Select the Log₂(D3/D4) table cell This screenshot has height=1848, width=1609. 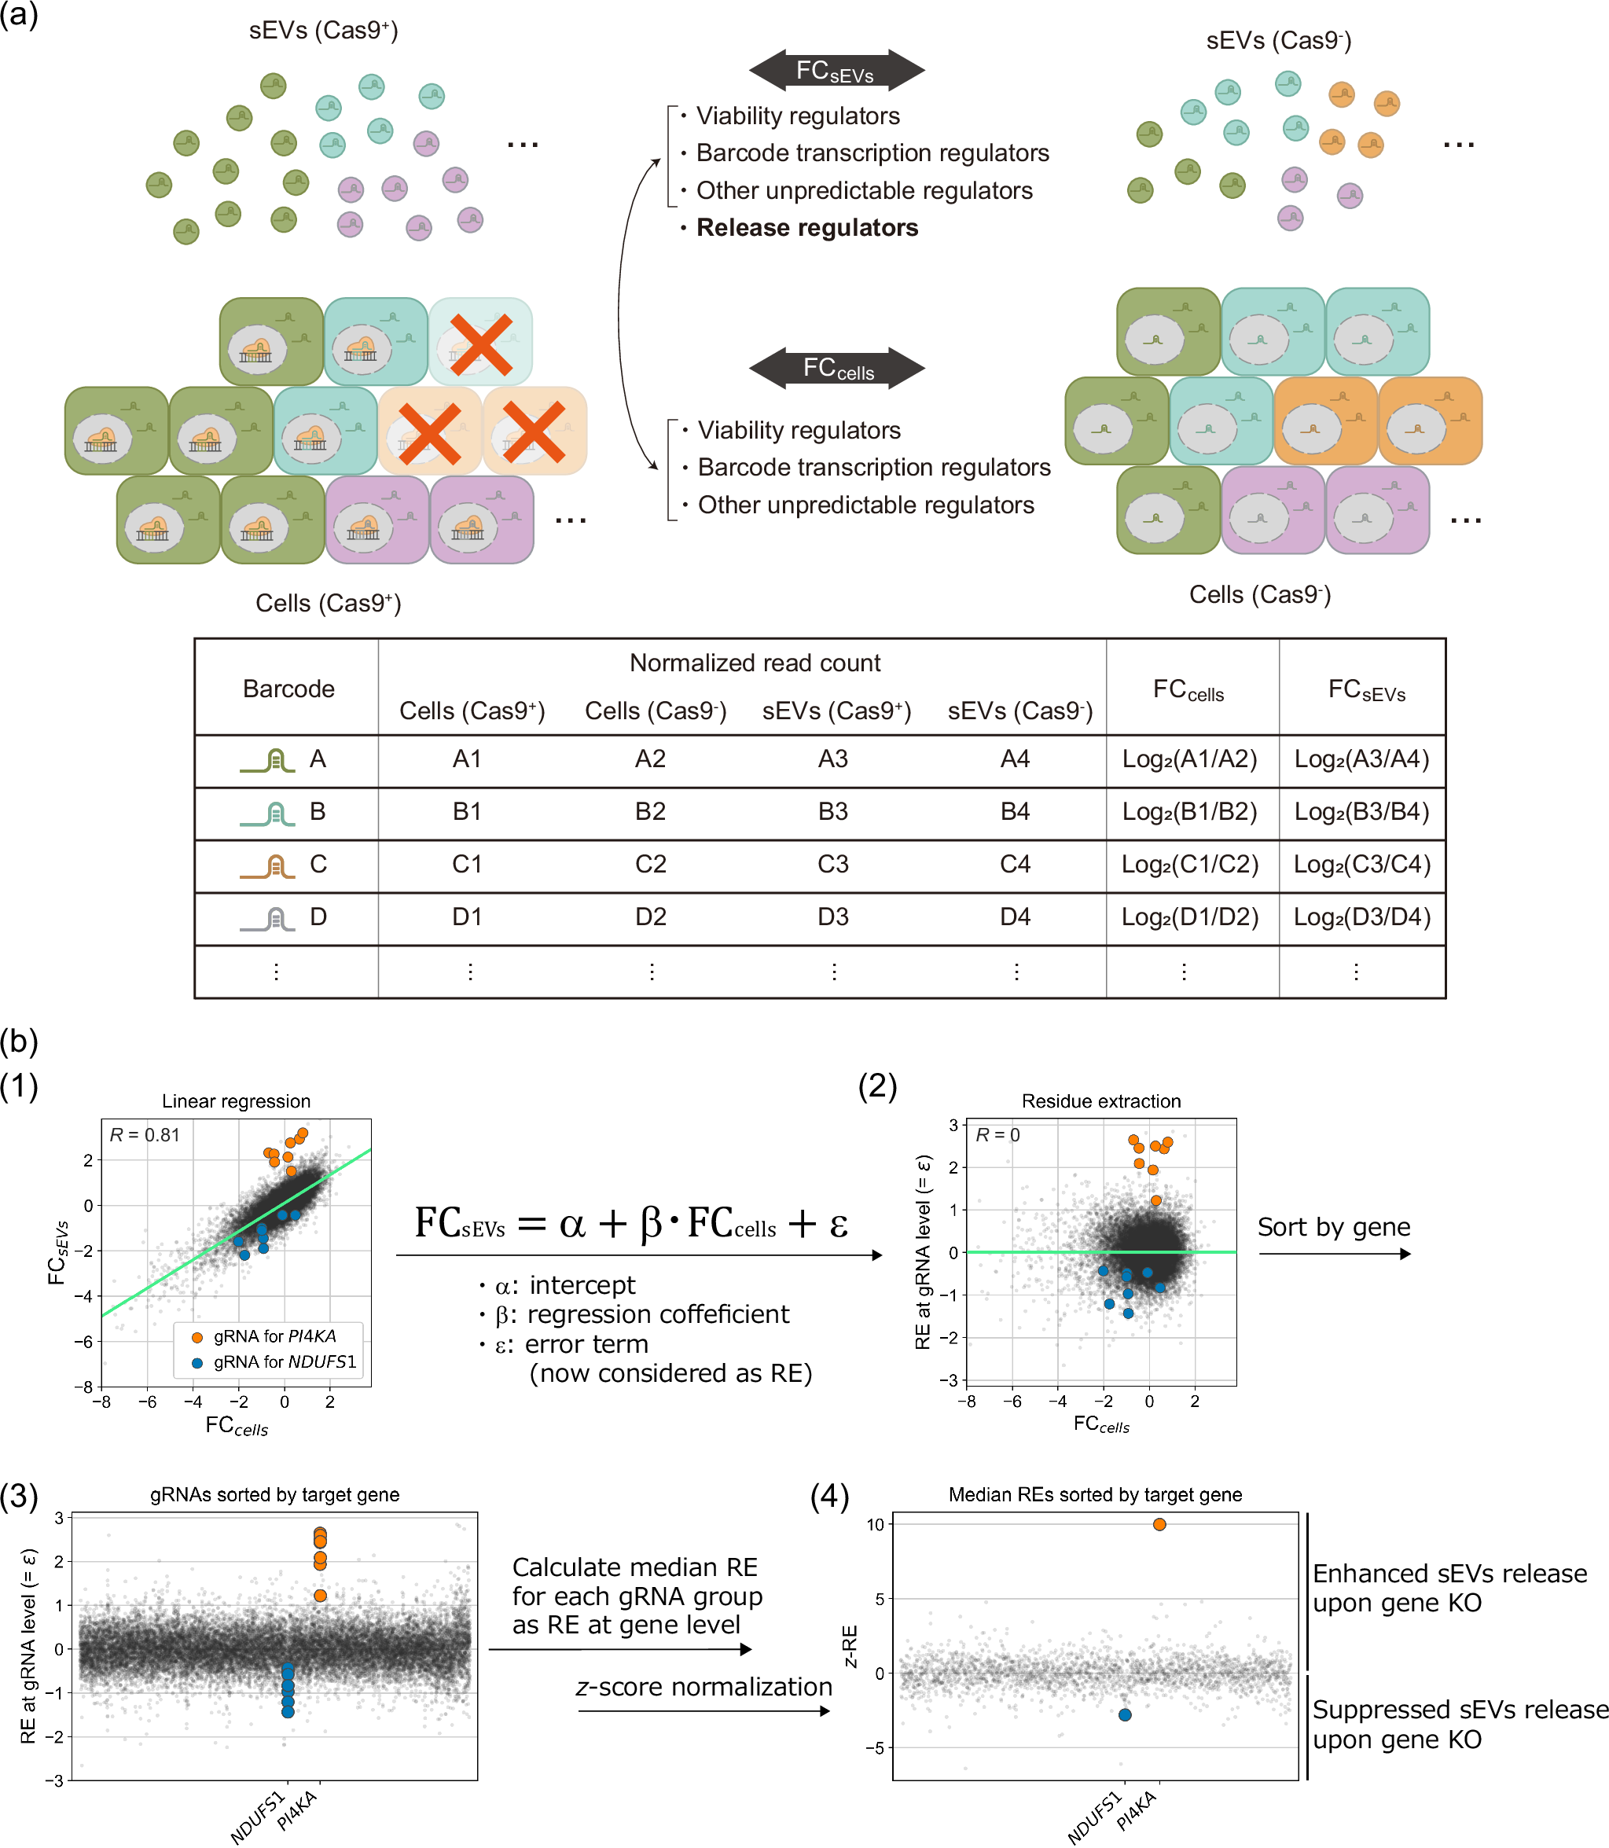click(x=1361, y=917)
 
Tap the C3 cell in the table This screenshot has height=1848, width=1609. click(x=832, y=864)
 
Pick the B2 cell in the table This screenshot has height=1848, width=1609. click(x=650, y=812)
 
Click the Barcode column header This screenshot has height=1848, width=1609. click(x=288, y=689)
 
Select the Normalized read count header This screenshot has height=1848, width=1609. click(x=755, y=663)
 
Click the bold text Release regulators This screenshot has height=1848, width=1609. click(x=807, y=228)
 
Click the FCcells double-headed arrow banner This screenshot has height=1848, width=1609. click(x=837, y=368)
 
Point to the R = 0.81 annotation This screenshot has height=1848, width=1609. click(x=145, y=1135)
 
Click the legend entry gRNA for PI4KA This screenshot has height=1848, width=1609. click(x=274, y=1336)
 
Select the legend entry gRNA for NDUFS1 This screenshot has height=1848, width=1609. click(x=284, y=1362)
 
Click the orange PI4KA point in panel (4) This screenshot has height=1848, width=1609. click(x=1159, y=1524)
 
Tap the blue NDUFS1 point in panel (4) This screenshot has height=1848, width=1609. click(x=1125, y=1714)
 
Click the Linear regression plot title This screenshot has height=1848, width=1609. click(x=236, y=1101)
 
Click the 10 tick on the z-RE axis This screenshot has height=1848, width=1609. click(x=876, y=1524)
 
